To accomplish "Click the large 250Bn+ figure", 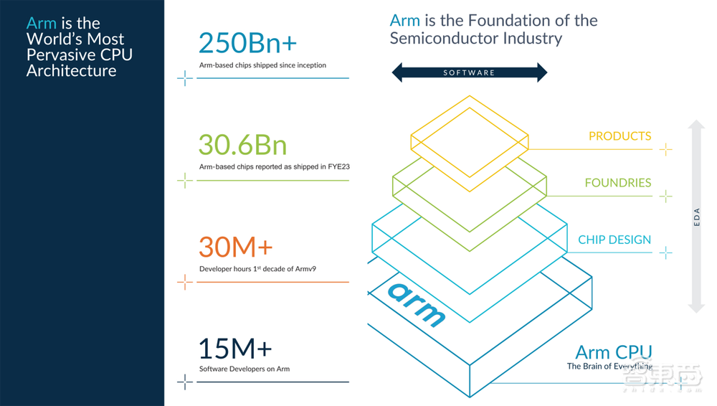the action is tap(247, 43).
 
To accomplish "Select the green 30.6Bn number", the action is tap(242, 145).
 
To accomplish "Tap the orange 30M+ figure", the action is tap(235, 247).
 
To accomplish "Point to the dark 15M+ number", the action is tap(235, 349).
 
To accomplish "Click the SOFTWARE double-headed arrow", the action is tap(469, 72).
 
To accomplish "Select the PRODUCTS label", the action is tap(619, 136).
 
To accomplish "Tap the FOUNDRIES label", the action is tap(618, 183).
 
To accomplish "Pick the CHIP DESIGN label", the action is tap(614, 240).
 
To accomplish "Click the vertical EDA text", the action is tap(696, 217).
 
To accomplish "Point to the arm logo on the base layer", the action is tap(416, 304).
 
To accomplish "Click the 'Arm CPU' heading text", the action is tap(614, 352).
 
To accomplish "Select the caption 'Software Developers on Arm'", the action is tap(244, 369).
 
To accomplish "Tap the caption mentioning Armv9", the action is tap(257, 269).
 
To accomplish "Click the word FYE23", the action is tap(339, 166).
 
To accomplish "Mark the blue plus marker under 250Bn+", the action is tap(185, 78).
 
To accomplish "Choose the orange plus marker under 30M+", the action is tap(185, 282).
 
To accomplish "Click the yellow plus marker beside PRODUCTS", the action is tap(666, 149).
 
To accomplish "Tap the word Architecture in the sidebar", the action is tap(71, 71).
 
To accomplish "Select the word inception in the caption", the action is tap(311, 65).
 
